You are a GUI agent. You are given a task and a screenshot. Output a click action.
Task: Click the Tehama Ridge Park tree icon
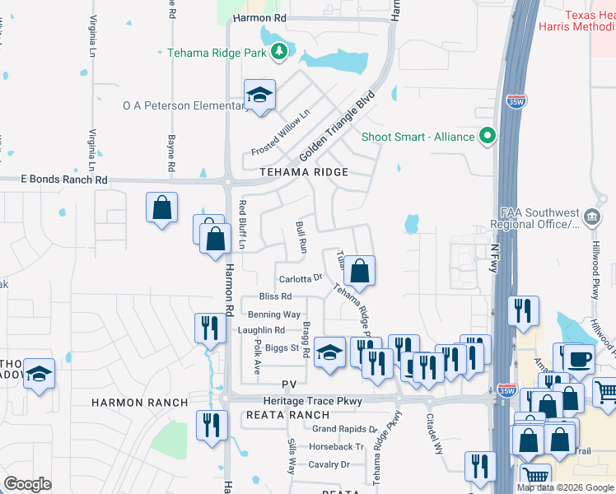tap(279, 52)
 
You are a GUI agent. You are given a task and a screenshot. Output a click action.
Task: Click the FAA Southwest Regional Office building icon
tap(590, 217)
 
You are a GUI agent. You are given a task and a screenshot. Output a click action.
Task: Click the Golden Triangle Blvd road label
tap(337, 126)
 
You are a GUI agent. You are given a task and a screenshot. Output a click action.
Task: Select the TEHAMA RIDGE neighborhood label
tap(304, 172)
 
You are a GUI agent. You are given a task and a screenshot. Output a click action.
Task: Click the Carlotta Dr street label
tap(300, 279)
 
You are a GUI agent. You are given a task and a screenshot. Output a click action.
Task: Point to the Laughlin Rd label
tap(261, 330)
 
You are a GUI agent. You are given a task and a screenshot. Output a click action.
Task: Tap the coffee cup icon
tap(578, 357)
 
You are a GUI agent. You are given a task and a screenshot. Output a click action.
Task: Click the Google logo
tap(27, 484)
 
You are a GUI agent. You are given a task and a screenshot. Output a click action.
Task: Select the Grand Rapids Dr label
tap(343, 429)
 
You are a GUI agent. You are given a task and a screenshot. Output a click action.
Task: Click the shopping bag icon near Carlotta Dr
tap(360, 270)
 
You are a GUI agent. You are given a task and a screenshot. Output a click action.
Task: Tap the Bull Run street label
tap(301, 236)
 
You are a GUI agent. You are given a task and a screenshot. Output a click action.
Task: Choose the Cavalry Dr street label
tap(329, 464)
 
